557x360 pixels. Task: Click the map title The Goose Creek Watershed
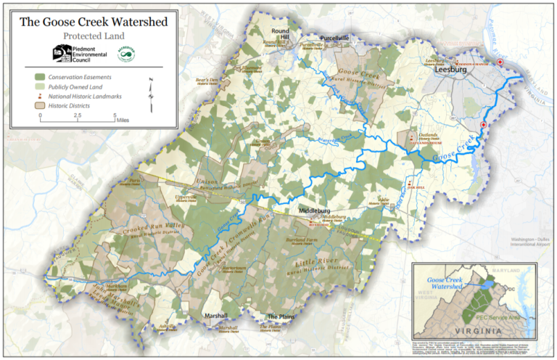94,21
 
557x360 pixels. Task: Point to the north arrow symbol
152,94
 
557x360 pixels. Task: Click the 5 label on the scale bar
115,115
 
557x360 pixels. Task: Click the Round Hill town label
280,36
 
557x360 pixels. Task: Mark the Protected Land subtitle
94,35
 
